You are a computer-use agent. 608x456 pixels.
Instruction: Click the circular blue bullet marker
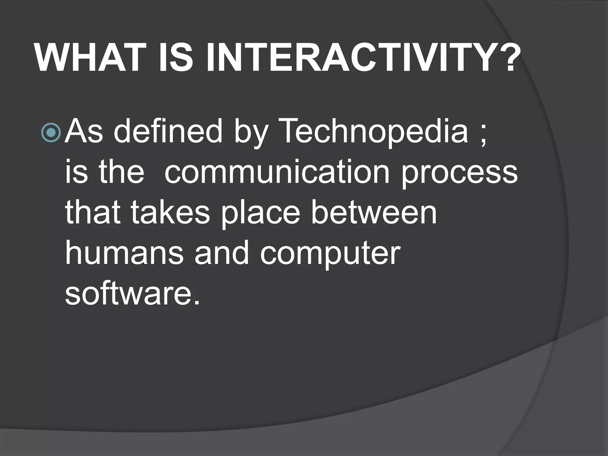[51, 133]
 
